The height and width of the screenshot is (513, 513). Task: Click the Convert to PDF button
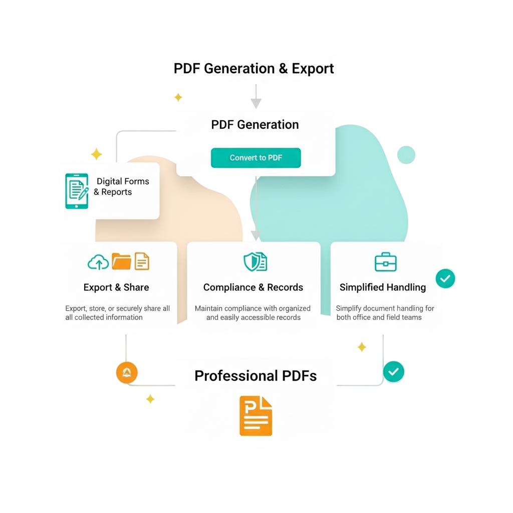[255, 158]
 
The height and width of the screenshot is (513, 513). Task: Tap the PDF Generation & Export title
[254, 69]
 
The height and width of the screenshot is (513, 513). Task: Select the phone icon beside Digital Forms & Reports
[76, 191]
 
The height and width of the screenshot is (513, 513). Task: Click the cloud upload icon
[98, 262]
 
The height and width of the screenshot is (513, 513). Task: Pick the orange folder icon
[121, 261]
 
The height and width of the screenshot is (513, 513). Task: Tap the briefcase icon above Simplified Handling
[386, 262]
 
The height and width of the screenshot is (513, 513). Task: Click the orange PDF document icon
[255, 415]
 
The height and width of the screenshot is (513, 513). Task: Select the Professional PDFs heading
[255, 376]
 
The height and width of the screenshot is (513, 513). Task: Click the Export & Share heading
[116, 288]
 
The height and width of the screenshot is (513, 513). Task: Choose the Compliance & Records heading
[253, 288]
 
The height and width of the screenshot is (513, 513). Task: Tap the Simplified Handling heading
[383, 288]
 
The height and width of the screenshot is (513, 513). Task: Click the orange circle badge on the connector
[127, 373]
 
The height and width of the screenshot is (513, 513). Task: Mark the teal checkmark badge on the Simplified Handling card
[445, 278]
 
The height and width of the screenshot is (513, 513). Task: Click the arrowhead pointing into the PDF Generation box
[256, 104]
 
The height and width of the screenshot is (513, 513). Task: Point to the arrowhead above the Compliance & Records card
[256, 235]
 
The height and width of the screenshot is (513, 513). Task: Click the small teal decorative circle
[406, 155]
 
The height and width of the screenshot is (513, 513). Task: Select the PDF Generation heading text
[255, 125]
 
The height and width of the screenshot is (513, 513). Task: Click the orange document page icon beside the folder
[142, 261]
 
